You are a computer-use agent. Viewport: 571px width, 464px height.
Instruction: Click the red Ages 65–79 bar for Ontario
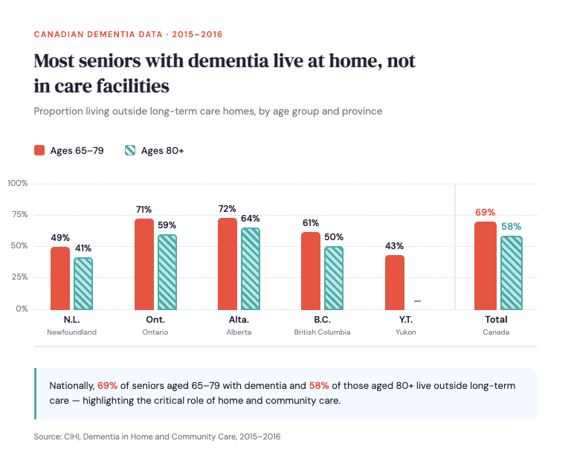[x=144, y=264]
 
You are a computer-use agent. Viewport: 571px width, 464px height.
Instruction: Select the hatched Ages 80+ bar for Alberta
[x=251, y=268]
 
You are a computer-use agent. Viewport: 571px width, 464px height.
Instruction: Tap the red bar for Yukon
[x=395, y=282]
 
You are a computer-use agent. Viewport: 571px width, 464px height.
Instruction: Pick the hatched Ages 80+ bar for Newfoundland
[x=83, y=283]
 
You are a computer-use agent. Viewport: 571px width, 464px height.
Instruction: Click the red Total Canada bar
[x=485, y=265]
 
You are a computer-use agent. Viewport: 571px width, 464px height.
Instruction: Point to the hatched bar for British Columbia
[x=334, y=277]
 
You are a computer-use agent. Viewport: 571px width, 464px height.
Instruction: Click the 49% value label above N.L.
[x=60, y=238]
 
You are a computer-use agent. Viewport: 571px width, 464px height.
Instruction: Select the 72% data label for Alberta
[x=227, y=209]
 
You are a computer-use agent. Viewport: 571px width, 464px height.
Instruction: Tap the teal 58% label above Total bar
[x=512, y=227]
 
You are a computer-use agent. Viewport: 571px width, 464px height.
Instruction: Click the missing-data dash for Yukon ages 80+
[x=417, y=301]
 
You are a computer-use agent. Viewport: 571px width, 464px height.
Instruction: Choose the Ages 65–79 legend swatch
[x=39, y=150]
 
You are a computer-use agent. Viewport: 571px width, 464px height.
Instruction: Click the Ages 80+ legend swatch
[x=130, y=150]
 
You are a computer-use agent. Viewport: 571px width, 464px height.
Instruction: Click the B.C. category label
[x=322, y=319]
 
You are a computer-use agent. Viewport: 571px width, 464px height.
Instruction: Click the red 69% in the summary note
[x=108, y=386]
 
